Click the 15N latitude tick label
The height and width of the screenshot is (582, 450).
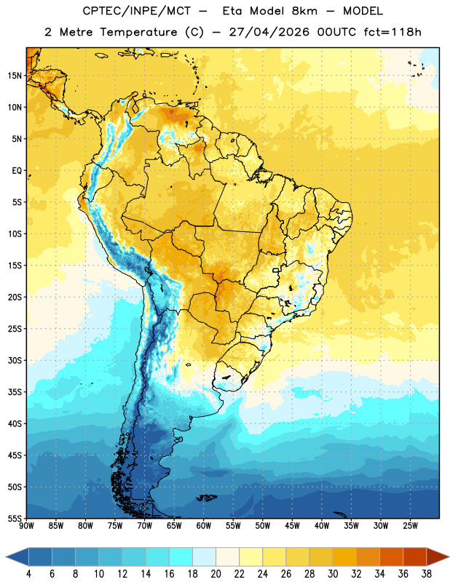click(15, 76)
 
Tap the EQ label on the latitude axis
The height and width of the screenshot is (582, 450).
click(17, 171)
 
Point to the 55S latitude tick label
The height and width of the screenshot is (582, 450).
click(15, 518)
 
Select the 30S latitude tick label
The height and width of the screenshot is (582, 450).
click(15, 360)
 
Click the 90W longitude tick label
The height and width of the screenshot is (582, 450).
click(26, 526)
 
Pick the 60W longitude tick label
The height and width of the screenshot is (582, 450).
click(204, 526)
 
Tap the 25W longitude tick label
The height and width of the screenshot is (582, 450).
click(410, 526)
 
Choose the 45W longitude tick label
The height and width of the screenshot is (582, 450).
click(292, 526)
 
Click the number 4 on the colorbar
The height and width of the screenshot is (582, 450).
click(28, 574)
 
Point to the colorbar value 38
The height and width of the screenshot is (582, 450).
click(427, 574)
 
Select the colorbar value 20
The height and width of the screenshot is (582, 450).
click(216, 574)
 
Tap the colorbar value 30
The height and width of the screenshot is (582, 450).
click(333, 574)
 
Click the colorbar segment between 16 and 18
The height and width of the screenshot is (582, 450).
click(181, 557)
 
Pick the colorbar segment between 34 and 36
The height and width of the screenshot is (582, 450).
click(392, 557)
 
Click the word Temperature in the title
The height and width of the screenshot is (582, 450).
click(139, 32)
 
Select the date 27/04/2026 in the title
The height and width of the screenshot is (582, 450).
click(269, 32)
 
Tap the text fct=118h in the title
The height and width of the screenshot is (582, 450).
click(392, 32)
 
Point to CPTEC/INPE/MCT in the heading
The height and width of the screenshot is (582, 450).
click(136, 11)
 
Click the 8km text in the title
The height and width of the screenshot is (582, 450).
click(304, 11)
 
